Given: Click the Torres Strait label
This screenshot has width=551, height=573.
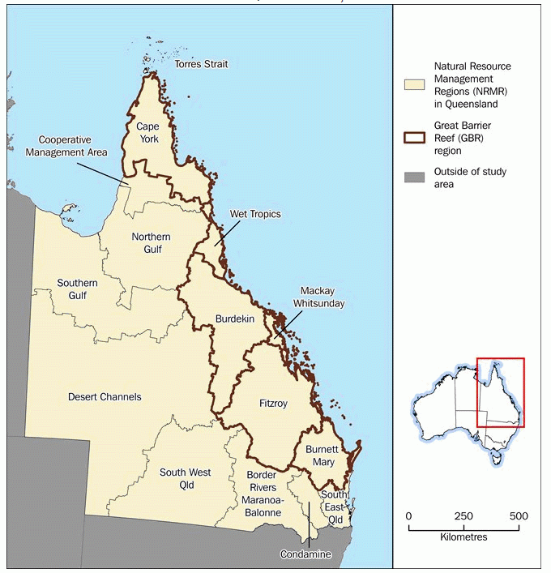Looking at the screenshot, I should click(202, 64).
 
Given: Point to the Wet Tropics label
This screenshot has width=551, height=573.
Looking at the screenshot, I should click(255, 214).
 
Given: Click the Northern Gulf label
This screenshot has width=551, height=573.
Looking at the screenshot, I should click(152, 243).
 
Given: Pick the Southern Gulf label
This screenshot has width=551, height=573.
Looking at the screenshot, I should click(77, 289).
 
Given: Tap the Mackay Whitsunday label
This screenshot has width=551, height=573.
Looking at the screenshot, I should click(322, 297).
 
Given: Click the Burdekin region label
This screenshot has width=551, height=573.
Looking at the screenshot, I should click(235, 319).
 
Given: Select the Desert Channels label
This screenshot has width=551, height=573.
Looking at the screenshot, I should click(104, 397).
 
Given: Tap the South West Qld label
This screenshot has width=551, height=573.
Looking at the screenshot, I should click(186, 478).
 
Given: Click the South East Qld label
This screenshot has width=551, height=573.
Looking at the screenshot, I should click(335, 501).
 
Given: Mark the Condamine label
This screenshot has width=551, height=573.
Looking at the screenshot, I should click(305, 554).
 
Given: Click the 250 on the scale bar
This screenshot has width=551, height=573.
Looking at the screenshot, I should click(464, 517).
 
